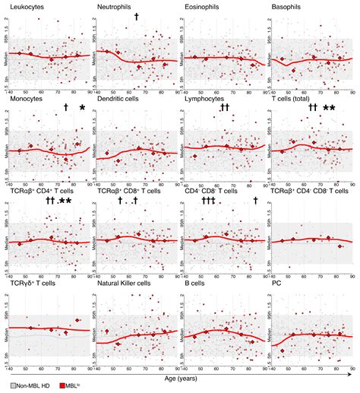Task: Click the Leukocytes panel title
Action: click(27, 8)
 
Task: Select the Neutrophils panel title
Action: click(115, 8)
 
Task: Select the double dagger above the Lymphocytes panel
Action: click(225, 109)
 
